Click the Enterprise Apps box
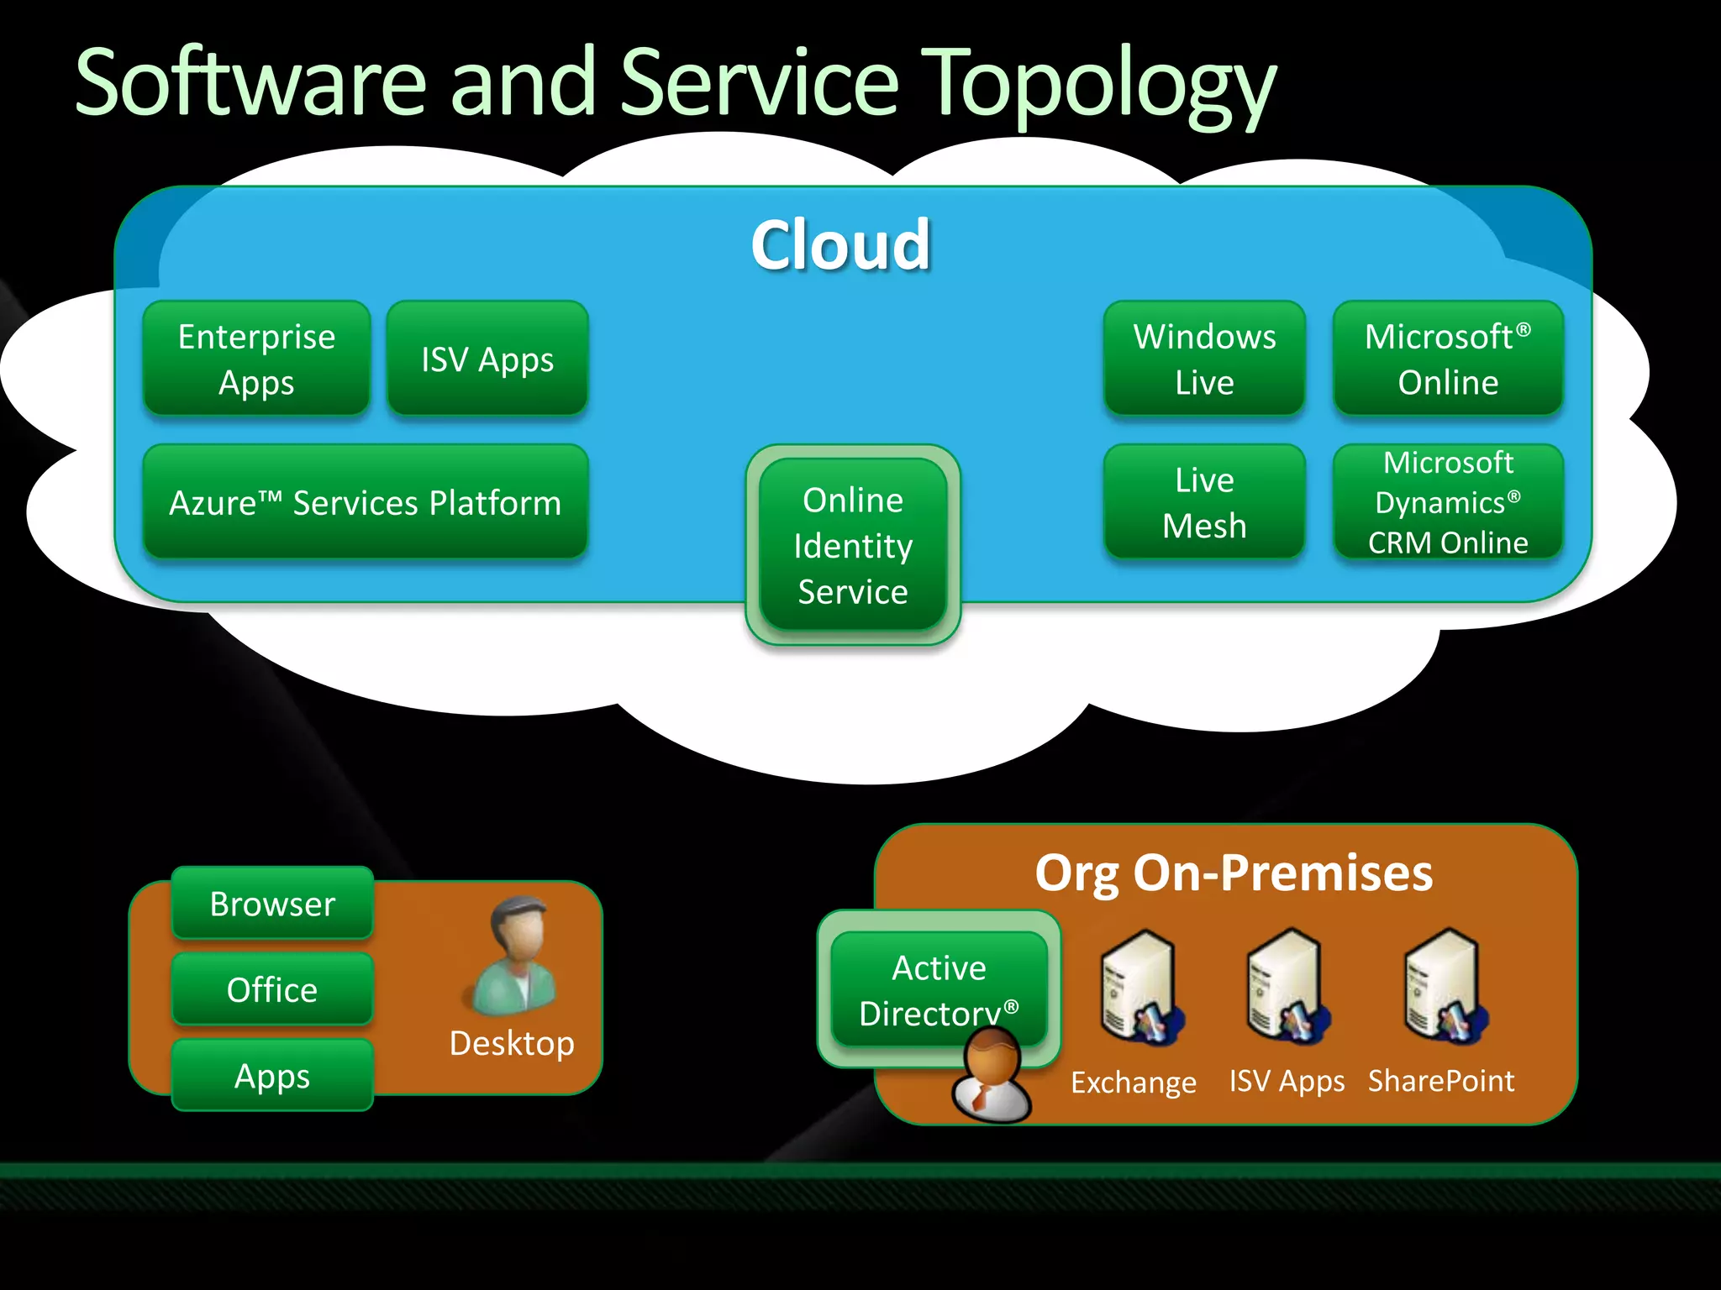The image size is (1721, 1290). coord(256,359)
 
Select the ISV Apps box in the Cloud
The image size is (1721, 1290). coord(487,359)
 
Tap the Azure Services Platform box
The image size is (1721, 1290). coord(366,502)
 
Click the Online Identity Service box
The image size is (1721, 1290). coord(853,545)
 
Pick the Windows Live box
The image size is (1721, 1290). coord(1204,359)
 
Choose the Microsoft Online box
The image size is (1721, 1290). coord(1448,359)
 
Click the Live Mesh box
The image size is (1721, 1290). coord(1204,502)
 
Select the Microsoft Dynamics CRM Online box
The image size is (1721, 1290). coord(1448,502)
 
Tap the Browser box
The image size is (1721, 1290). coord(272,904)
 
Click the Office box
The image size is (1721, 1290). coord(272,989)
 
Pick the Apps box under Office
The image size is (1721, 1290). coord(272,1075)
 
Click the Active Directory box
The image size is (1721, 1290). coord(939,989)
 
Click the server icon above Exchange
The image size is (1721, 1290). coord(1139,988)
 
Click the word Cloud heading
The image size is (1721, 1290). coord(840,244)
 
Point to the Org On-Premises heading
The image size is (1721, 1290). coord(1234,873)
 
